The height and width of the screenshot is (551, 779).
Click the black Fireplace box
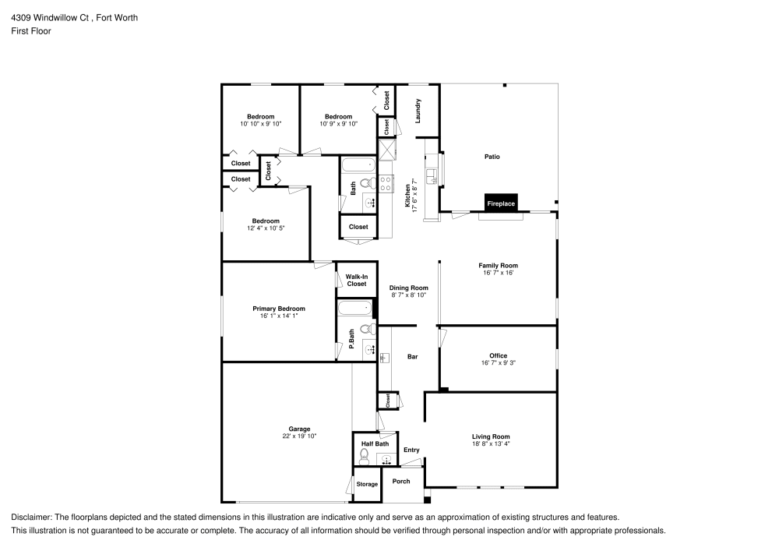pyautogui.click(x=501, y=203)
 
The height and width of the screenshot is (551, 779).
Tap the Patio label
pyautogui.click(x=492, y=157)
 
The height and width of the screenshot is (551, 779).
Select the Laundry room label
pyautogui.click(x=418, y=111)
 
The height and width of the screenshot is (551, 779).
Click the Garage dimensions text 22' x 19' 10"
pyautogui.click(x=299, y=436)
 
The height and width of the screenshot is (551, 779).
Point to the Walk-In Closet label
pyautogui.click(x=357, y=280)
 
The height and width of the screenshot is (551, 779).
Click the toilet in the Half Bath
pyautogui.click(x=365, y=455)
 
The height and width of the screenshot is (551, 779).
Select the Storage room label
pyautogui.click(x=367, y=484)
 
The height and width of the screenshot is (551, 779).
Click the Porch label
pyautogui.click(x=400, y=481)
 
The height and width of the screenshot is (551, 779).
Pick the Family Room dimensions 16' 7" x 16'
pyautogui.click(x=498, y=273)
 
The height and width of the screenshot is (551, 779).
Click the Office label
pyautogui.click(x=498, y=355)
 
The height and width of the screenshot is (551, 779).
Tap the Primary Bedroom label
pyautogui.click(x=278, y=309)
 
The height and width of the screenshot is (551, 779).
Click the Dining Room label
pyautogui.click(x=409, y=288)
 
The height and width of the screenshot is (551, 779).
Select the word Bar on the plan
pyautogui.click(x=413, y=357)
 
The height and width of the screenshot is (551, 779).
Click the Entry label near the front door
pyautogui.click(x=411, y=450)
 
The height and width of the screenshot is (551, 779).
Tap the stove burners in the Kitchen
pyautogui.click(x=385, y=184)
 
